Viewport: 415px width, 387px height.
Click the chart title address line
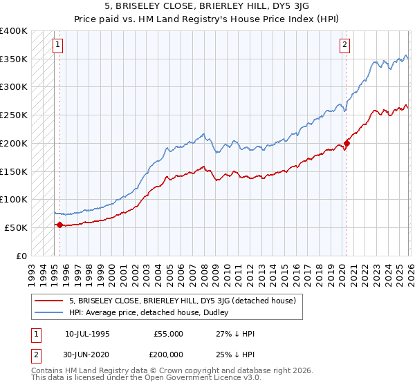(x=221, y=6)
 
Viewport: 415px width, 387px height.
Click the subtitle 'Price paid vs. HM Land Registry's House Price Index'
(x=221, y=19)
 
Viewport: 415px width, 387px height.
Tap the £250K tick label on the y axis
(x=14, y=115)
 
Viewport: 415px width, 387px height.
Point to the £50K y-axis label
(x=17, y=227)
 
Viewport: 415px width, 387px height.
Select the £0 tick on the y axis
(x=22, y=256)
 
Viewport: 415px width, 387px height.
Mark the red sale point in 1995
(x=60, y=225)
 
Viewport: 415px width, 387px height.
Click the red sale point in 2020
(x=347, y=143)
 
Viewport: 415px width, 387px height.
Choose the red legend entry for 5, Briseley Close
(x=183, y=301)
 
